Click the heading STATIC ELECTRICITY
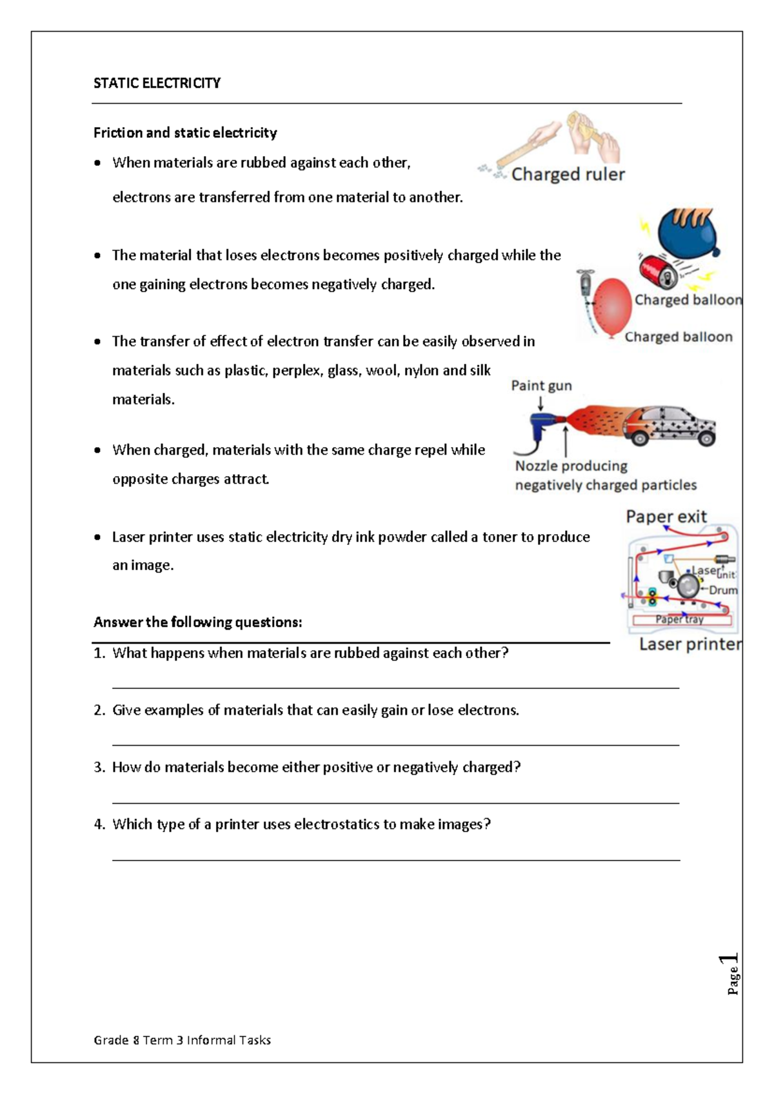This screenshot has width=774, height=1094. pos(157,83)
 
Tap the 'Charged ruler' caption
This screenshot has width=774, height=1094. pos(568,175)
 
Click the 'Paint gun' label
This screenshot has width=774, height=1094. pos(541,386)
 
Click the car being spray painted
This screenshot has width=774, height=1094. pos(671,426)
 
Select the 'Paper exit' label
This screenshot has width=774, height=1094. pos(666,517)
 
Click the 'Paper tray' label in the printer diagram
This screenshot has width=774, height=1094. pos(679,619)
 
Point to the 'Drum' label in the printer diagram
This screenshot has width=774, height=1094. pos(723,590)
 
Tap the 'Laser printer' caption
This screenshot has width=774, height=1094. pos(690,644)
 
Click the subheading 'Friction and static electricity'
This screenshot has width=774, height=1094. pos(185,133)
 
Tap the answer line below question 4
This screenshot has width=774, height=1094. pos(395,859)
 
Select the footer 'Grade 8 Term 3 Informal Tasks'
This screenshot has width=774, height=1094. pos(182,1040)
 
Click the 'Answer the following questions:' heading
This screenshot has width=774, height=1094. pos(197,622)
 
